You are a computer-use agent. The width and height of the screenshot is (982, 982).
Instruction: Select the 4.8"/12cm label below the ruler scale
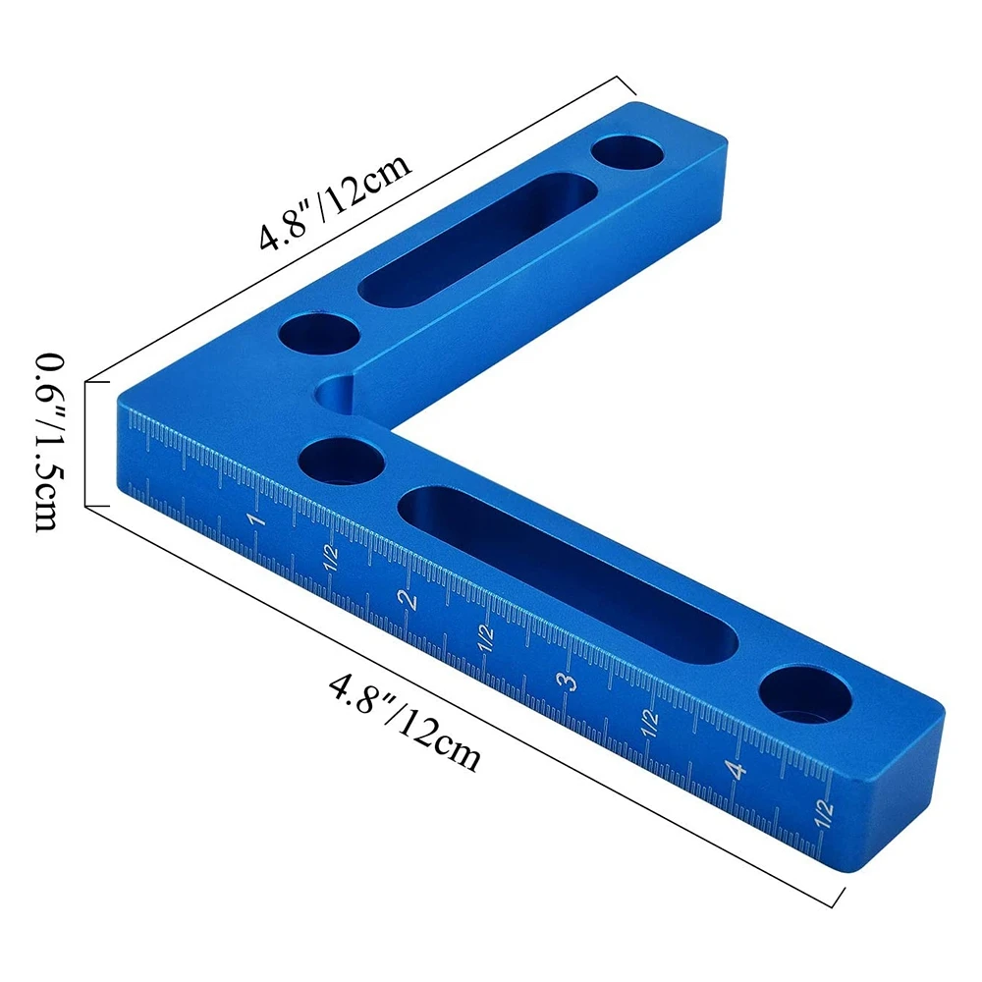point(405,720)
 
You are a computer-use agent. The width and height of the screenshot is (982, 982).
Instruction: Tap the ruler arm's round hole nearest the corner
point(340,460)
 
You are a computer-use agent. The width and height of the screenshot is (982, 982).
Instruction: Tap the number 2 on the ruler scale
point(405,598)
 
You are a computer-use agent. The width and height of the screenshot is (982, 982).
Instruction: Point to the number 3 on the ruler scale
point(566,682)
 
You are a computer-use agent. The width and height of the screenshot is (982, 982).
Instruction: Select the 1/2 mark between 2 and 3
point(484,639)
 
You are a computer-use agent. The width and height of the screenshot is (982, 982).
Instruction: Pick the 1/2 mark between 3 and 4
point(650,725)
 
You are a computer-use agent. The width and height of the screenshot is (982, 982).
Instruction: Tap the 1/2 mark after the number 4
point(823,811)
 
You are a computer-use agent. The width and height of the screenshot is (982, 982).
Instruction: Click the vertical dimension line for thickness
point(86,443)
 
